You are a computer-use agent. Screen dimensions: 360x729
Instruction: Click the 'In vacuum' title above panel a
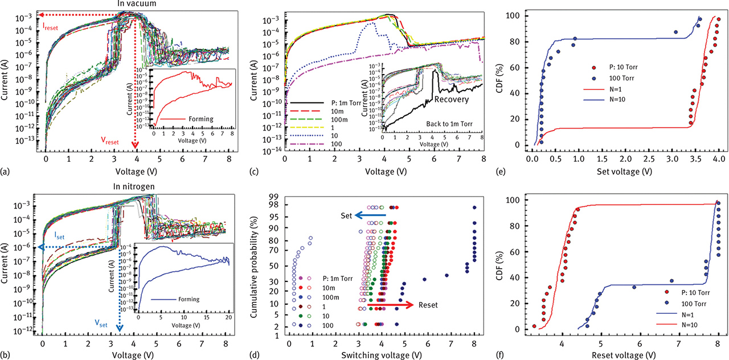(x=136, y=5)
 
